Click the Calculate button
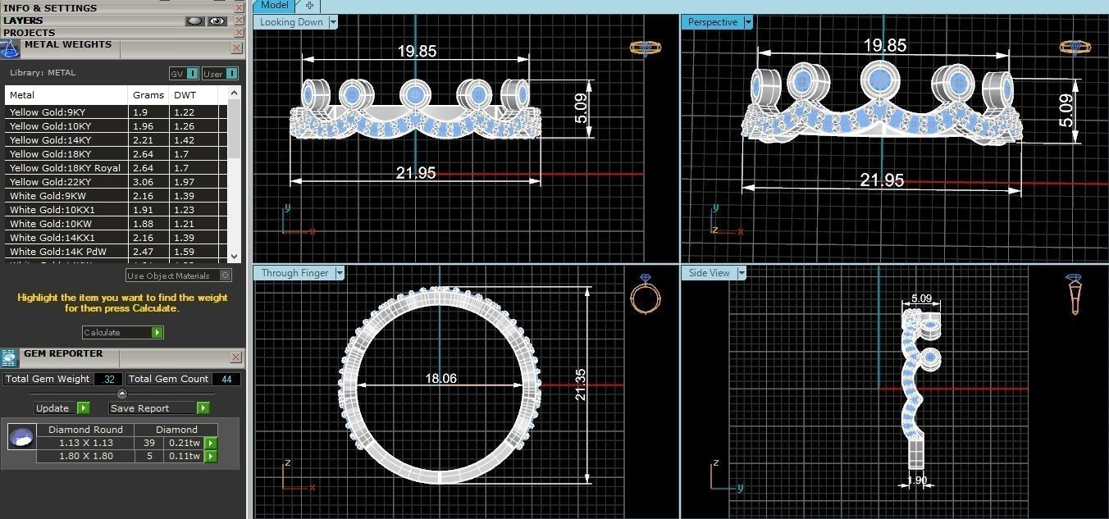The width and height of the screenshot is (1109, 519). point(122,332)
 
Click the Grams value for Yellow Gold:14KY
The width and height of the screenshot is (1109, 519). point(140,140)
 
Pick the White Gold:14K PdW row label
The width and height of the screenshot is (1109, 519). point(48,252)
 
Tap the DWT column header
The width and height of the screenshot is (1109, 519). point(185,95)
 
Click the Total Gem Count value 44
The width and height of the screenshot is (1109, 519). point(226,379)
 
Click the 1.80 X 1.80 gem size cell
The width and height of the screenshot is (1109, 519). point(85,456)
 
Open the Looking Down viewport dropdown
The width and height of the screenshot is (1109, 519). point(333,22)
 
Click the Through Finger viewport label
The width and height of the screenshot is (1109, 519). point(294,273)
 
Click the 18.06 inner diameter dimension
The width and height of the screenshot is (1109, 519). point(440,379)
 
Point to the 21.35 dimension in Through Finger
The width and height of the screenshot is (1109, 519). point(581,383)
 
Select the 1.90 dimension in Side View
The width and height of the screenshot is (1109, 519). point(917,480)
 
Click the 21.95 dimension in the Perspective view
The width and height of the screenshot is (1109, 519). point(882,180)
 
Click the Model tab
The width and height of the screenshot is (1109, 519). point(274,5)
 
